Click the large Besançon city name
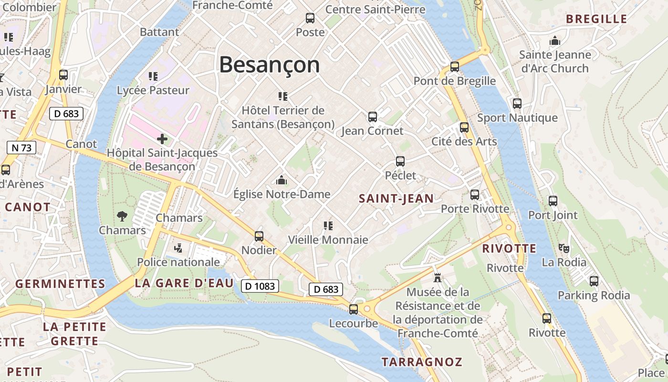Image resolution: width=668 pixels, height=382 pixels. (x=269, y=64)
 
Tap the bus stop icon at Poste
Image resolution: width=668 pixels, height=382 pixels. (x=310, y=18)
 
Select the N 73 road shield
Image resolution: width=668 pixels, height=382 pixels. (x=21, y=148)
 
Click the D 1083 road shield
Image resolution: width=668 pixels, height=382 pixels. (x=260, y=286)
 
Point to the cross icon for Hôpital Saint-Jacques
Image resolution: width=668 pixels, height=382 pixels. (x=162, y=139)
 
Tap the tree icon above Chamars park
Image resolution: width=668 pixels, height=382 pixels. (x=122, y=216)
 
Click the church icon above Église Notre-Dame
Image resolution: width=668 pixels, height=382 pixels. (x=282, y=180)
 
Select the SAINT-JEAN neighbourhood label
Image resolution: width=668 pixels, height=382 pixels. (x=396, y=199)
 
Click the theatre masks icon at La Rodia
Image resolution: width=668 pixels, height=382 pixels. (x=564, y=248)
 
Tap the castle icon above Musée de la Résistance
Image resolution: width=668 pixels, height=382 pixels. (x=437, y=277)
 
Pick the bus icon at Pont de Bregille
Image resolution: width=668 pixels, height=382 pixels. (x=455, y=67)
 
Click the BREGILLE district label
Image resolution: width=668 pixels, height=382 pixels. (x=596, y=19)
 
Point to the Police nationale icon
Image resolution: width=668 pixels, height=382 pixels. (x=178, y=247)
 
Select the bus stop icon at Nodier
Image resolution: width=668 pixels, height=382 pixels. (x=259, y=236)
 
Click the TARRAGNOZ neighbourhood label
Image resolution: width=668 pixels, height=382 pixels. (x=422, y=362)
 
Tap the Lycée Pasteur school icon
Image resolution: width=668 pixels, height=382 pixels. (x=153, y=76)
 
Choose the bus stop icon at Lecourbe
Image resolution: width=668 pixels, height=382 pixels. (x=354, y=309)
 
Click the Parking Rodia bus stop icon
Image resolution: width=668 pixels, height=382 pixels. (x=594, y=281)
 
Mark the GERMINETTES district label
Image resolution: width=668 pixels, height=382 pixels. (x=60, y=284)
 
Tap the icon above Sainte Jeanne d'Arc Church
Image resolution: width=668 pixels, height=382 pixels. (x=554, y=41)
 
